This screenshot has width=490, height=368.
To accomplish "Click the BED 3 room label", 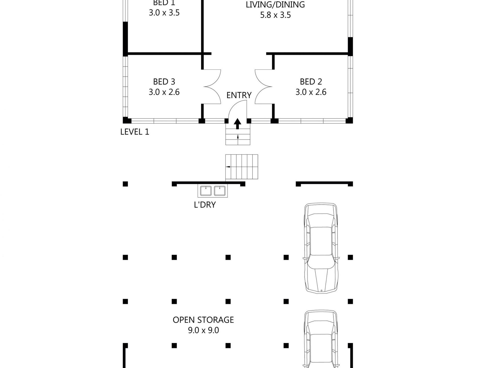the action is click(x=164, y=82).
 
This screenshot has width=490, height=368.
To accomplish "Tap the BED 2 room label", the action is click(x=311, y=82).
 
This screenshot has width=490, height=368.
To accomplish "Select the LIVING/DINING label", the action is click(x=275, y=5).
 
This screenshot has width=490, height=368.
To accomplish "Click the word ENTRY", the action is click(x=239, y=95).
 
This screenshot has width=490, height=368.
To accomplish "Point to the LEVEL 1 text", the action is click(x=135, y=132).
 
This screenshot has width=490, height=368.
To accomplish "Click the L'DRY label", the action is click(x=205, y=205).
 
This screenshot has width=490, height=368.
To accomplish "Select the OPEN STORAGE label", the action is click(x=203, y=320).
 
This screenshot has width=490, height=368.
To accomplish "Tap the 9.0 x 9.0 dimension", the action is click(x=203, y=330).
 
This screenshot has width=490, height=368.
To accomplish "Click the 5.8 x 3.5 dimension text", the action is click(x=275, y=15).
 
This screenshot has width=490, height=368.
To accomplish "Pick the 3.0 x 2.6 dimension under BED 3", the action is click(x=164, y=92).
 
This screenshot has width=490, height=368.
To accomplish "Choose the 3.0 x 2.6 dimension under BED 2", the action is click(x=311, y=92).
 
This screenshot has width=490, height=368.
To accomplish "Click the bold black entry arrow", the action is click(x=238, y=124).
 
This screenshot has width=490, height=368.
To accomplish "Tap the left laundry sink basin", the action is click(x=206, y=191).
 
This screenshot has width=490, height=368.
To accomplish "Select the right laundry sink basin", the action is click(x=220, y=191).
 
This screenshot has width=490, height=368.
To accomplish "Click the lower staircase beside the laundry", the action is click(x=242, y=167).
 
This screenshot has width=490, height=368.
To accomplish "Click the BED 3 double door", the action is click(x=211, y=87).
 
